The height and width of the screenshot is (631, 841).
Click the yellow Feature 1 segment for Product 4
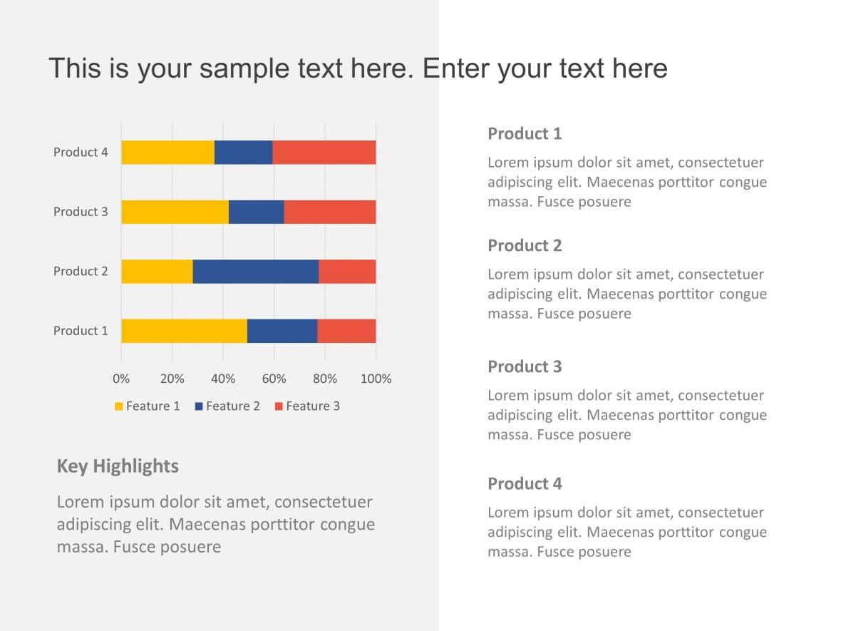[167, 153]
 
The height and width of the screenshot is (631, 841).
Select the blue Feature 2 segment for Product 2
[255, 272]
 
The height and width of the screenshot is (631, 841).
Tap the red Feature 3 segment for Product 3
[329, 212]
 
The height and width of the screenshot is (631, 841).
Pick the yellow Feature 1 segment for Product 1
[184, 331]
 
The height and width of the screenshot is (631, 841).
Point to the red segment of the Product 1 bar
[346, 331]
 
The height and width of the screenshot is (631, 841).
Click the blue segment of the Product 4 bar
[243, 153]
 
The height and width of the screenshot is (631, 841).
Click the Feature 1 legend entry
[148, 406]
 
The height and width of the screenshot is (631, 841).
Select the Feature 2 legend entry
[227, 406]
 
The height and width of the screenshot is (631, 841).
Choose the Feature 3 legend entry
[307, 406]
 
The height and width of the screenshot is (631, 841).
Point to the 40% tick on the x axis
[223, 379]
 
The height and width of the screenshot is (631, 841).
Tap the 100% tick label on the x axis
[376, 379]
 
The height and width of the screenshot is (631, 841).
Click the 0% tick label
[121, 379]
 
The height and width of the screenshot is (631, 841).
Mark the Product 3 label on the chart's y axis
[81, 212]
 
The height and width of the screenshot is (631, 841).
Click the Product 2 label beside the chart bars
[81, 272]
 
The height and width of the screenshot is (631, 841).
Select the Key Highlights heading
[118, 466]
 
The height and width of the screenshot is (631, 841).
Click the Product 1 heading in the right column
[525, 134]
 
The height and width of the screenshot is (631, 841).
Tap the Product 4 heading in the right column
[525, 484]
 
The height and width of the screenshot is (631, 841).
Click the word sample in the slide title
[242, 69]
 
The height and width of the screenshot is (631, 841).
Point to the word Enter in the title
[455, 68]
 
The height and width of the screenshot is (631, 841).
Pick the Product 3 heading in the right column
[525, 367]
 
